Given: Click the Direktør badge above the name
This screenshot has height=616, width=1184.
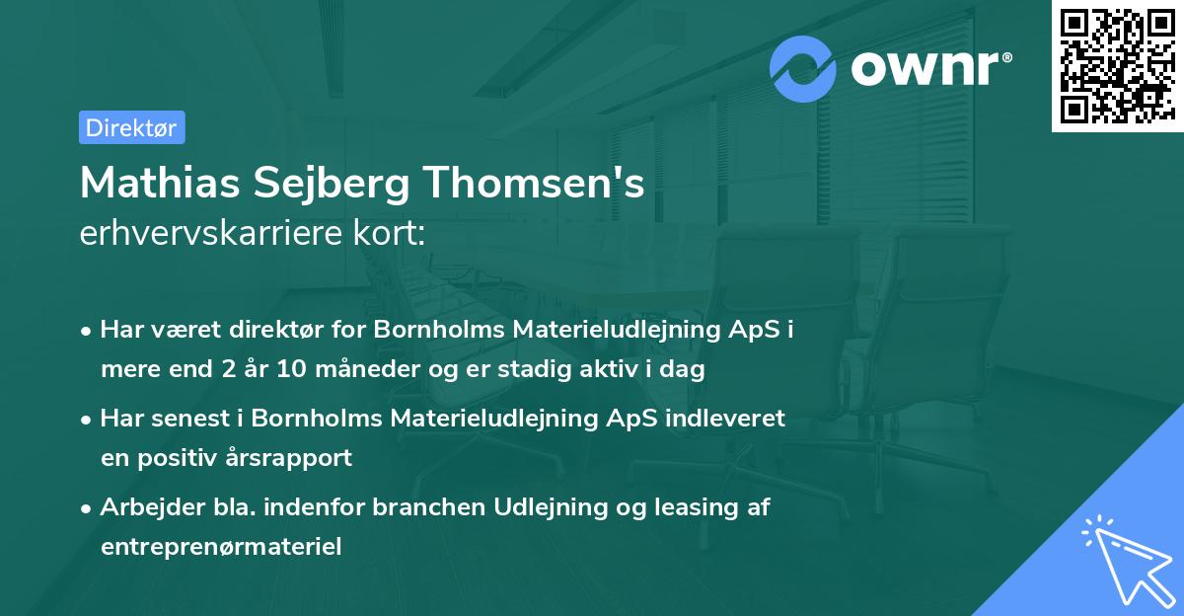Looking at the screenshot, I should click(x=131, y=127).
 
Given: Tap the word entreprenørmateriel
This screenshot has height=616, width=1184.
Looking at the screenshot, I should click(x=221, y=547).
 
